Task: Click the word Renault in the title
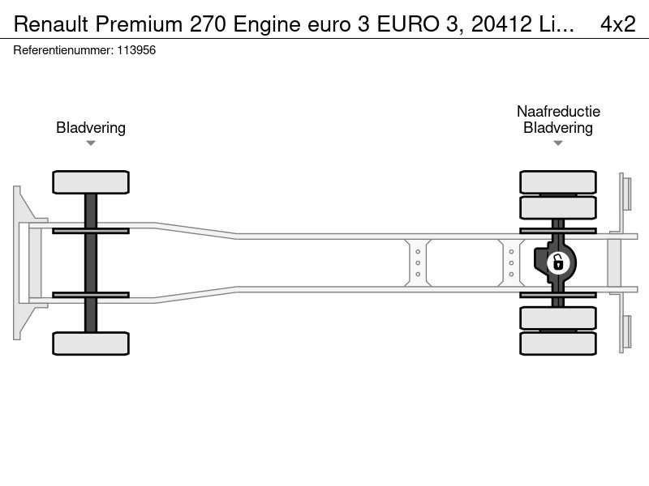click(51, 24)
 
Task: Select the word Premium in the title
click(139, 24)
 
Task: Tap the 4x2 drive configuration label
click(618, 24)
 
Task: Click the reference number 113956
click(136, 50)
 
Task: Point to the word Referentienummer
click(63, 50)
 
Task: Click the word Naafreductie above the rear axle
click(558, 111)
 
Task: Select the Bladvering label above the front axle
click(91, 128)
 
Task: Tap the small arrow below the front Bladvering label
click(91, 143)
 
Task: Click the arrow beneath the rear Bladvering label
click(558, 143)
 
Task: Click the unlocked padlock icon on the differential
click(558, 262)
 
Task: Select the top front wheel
click(91, 182)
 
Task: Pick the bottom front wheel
click(91, 343)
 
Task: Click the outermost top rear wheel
click(558, 182)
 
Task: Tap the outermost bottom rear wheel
click(558, 343)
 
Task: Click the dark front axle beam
click(91, 262)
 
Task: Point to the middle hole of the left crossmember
click(418, 262)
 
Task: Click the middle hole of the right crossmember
click(511, 262)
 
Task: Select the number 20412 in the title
click(501, 24)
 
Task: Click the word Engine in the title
click(267, 25)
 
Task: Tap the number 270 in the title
click(208, 24)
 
